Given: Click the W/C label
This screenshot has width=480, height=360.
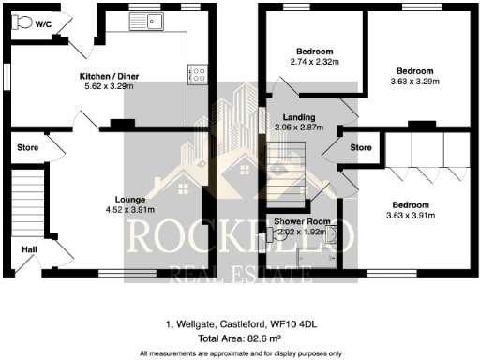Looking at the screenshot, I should tap(43, 26).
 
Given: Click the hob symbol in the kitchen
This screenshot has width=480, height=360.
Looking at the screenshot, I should tap(198, 72).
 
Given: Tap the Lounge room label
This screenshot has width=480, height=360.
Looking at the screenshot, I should tap(128, 199).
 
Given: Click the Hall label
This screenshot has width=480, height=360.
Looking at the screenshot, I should tap(29, 249).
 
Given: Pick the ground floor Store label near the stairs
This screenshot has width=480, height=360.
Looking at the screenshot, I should tap(28, 146).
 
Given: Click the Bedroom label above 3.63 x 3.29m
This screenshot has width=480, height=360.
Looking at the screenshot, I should tap(414, 71).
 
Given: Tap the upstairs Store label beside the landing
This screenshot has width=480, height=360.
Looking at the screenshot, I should tap(360, 147).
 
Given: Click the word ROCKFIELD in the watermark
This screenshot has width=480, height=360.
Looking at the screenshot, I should tap(240, 241).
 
